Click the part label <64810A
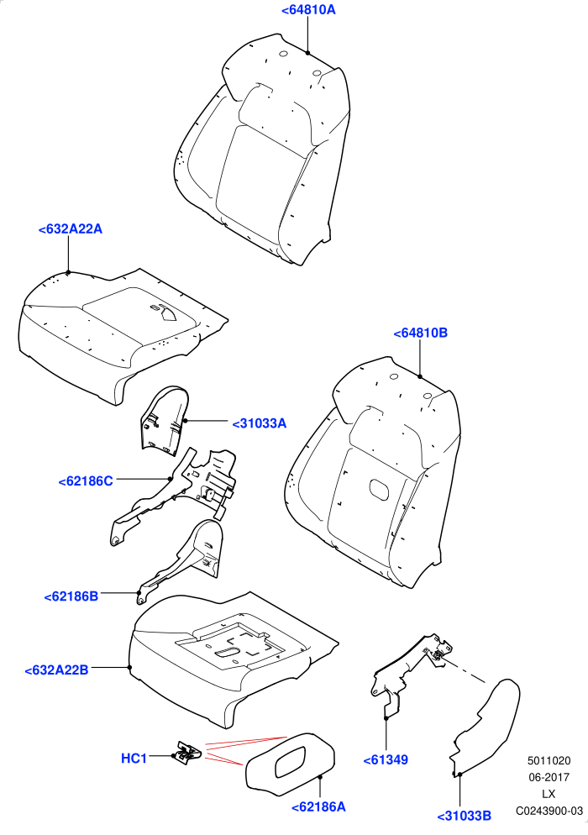tap(308, 9)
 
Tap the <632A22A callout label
tap(71, 229)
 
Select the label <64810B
tap(420, 333)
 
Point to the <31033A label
tap(260, 423)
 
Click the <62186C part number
tap(86, 481)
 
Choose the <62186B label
tap(71, 596)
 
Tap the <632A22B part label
tap(56, 670)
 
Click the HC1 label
tap(134, 758)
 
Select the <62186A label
tap(318, 806)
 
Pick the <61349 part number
tap(386, 760)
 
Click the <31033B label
tap(465, 816)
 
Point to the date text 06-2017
tap(549, 778)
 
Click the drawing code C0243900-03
tap(549, 811)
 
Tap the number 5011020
tap(549, 762)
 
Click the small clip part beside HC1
tap(187, 751)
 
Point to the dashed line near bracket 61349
tap(464, 670)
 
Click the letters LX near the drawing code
tap(549, 794)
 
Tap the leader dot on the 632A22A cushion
tap(68, 273)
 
